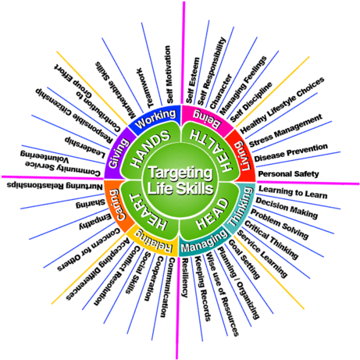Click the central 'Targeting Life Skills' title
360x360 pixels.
tap(180, 180)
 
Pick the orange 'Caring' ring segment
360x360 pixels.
tap(118, 205)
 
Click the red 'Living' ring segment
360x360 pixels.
tap(243, 155)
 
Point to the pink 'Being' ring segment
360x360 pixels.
tap(206, 119)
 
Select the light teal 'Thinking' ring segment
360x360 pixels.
tap(241, 207)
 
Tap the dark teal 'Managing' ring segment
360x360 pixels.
tap(204, 243)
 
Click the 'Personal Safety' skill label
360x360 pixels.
tap(288, 174)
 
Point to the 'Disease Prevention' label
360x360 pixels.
tap(291, 152)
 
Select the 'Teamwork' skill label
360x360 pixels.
tap(144, 88)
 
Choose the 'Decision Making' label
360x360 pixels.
tap(287, 208)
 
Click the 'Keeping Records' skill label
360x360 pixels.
tap(203, 288)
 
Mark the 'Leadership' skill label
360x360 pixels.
tap(85, 148)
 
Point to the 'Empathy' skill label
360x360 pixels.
tap(95, 221)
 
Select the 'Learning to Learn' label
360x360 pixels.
tap(293, 192)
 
